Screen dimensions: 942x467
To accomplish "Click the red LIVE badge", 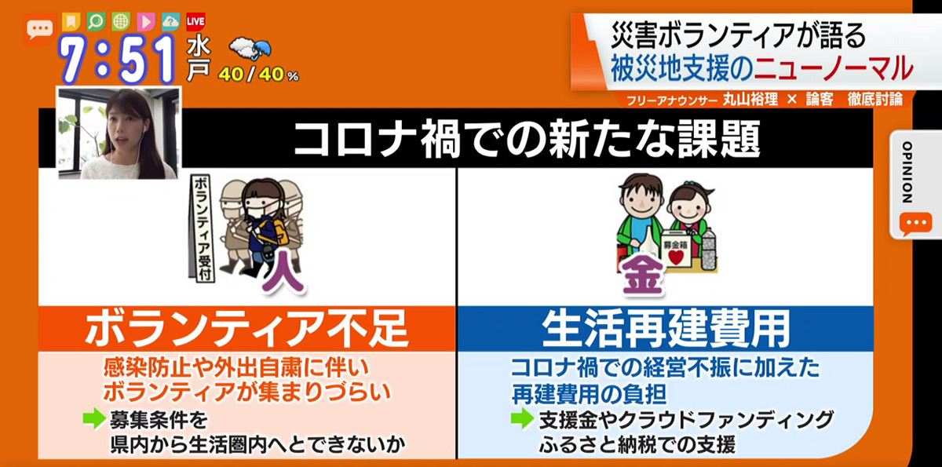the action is pos(195,22).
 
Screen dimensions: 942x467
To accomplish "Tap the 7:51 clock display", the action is pos(116,60).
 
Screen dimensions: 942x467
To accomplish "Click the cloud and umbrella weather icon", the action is pos(250,49).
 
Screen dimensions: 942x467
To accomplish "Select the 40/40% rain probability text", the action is pos(258,75).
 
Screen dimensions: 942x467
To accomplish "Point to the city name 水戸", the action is pos(199,59).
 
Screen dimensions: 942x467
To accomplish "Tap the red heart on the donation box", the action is pos(676,257).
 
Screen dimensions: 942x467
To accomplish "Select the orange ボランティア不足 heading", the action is pos(246,329).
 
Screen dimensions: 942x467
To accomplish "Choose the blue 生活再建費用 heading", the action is pos(666,329).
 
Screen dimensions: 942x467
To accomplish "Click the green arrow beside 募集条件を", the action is pos(94,418).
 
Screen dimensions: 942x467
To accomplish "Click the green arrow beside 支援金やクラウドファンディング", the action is pos(522,418).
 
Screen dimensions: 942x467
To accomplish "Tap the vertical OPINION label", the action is pos(907,173).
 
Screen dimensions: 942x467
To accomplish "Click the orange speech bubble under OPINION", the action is pos(915,223).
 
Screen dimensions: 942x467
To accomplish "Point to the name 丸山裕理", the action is pos(750,100).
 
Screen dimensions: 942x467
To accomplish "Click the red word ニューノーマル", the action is pos(834,68).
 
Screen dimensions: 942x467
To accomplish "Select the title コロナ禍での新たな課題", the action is pos(527,138).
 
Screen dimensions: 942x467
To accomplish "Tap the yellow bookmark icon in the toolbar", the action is pos(71,22).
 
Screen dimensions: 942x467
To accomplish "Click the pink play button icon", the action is pos(146,22).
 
